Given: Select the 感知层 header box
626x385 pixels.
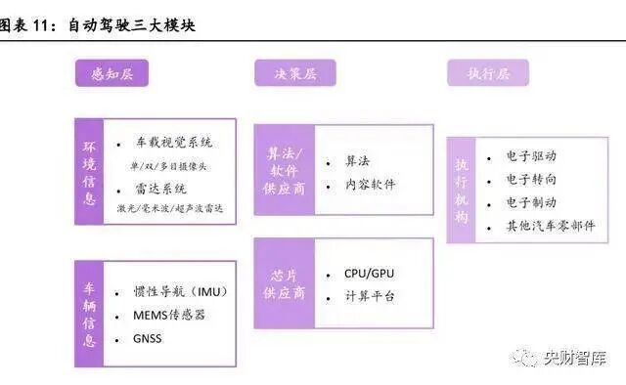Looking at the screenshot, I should tap(111, 73).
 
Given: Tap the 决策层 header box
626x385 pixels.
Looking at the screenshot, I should tap(294, 73).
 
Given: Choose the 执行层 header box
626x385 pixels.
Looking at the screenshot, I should tap(487, 73).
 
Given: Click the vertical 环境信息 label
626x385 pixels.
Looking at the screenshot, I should tap(90, 171).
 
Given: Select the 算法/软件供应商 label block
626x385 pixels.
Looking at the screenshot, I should tap(287, 169).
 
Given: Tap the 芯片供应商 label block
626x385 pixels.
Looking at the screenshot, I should tap(286, 282).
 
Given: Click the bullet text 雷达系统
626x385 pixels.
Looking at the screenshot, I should tap(160, 189).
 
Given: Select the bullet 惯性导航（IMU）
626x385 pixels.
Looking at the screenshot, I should tap(180, 291).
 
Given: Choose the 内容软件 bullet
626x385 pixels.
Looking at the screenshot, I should tap(370, 184).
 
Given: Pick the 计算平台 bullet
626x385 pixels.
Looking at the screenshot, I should tap(370, 296).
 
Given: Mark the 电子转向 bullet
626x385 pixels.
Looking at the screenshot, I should tap(531, 179).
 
